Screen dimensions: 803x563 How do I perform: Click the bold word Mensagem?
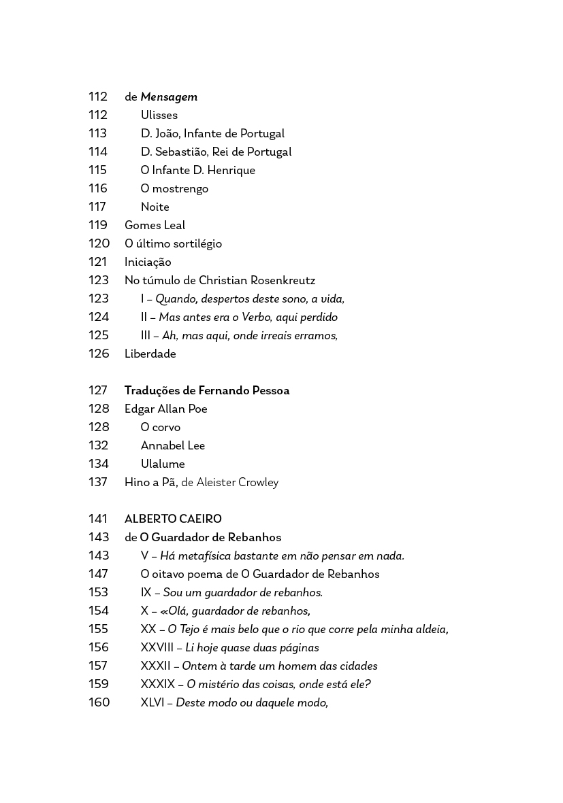tap(169, 97)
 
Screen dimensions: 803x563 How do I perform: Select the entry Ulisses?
tap(159, 116)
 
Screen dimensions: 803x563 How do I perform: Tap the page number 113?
tap(98, 134)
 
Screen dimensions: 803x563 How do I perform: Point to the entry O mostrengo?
tap(174, 189)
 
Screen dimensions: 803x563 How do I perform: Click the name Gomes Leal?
tap(155, 226)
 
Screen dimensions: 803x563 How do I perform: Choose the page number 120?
tap(99, 244)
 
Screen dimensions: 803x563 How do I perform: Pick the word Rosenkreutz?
tap(283, 281)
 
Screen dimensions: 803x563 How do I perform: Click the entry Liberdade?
tap(150, 354)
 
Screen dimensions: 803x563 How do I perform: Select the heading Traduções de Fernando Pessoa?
tap(207, 391)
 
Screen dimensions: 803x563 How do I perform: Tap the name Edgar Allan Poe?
tap(166, 409)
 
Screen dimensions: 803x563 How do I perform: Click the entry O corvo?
tap(161, 428)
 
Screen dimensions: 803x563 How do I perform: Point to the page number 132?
tap(99, 446)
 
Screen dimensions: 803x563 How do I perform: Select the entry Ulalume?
tap(163, 464)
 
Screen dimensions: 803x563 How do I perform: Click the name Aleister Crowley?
tap(238, 483)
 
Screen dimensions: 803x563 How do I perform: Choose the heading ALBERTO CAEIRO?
tap(173, 519)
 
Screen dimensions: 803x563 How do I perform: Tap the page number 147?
tap(99, 575)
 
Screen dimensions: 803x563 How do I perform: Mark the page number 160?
tap(99, 703)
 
